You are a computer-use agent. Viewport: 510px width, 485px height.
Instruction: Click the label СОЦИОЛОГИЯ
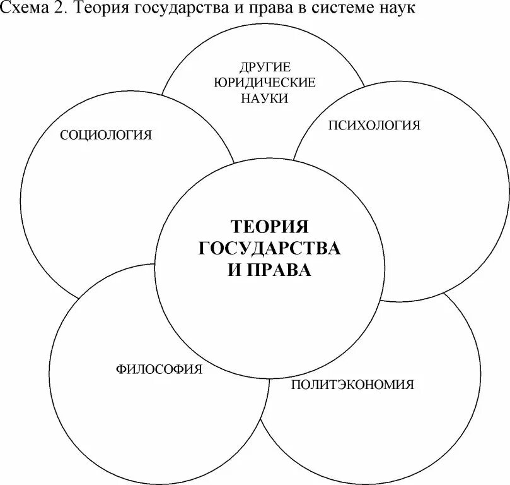coord(106,135)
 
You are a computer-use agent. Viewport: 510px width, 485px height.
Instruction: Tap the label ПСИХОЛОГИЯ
coord(374,125)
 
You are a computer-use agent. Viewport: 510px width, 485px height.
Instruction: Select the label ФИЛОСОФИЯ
coord(159,369)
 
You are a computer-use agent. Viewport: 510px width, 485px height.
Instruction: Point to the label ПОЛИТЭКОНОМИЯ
coord(352,384)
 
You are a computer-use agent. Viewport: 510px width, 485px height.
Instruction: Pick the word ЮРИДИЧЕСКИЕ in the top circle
coord(264,83)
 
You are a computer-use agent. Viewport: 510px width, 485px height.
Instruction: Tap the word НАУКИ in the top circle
coord(264,98)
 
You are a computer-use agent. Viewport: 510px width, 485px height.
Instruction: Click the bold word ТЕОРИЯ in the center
coord(269,227)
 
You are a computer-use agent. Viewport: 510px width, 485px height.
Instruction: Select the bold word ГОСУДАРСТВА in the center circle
coord(269,248)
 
